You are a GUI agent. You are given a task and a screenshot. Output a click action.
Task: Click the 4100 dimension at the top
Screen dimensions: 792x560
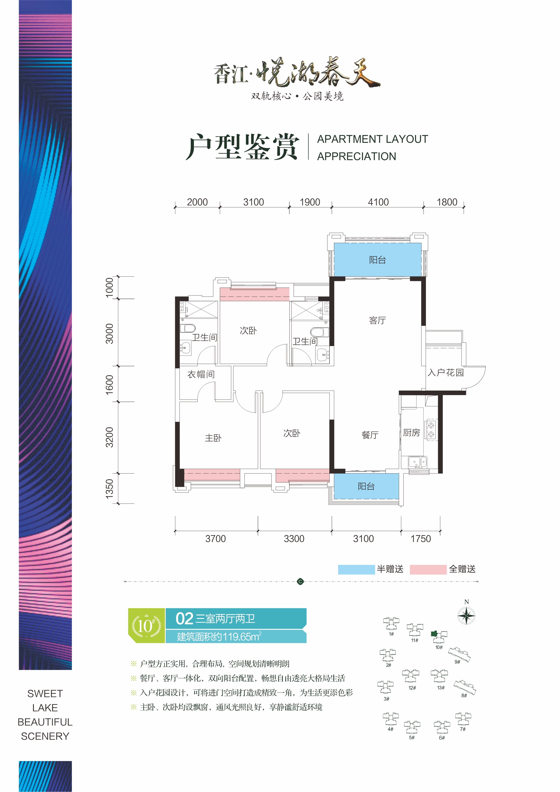pos(378,202)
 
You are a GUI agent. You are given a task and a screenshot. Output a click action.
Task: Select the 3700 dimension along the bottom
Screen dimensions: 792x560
pos(215,539)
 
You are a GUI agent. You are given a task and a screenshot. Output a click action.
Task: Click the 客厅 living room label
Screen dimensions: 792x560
pos(377,321)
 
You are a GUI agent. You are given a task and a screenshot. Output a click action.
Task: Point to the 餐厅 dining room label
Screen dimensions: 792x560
pos(370,435)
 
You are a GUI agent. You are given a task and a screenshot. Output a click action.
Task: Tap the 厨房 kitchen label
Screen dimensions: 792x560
pos(411,433)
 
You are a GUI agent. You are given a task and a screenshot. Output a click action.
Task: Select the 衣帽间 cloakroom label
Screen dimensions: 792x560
pos(201,374)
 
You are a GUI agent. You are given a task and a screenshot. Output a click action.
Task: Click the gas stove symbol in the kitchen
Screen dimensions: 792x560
pos(431,430)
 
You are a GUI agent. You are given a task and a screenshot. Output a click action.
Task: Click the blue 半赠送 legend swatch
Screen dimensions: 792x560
pos(356,569)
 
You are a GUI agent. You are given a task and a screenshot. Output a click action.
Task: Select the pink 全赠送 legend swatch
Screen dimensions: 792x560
pos(428,569)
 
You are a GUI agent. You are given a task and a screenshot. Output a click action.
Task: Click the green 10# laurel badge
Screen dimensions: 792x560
pos(146,626)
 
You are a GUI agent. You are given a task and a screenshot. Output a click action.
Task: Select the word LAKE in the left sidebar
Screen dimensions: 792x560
pos(45,708)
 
